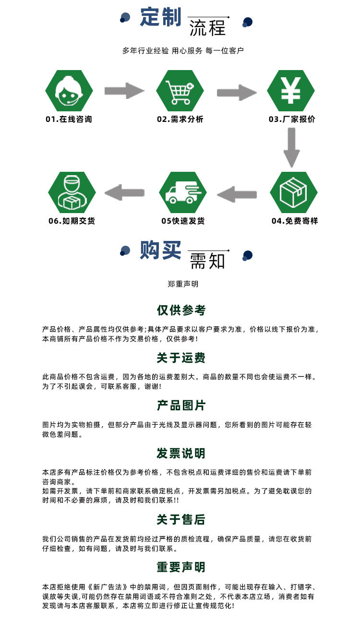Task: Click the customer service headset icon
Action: (x=69, y=91)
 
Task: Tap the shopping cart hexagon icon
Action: (x=180, y=91)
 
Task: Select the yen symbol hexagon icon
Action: (x=290, y=91)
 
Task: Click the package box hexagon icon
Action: (x=293, y=192)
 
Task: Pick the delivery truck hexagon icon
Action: (x=182, y=192)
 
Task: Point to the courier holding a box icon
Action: (x=72, y=192)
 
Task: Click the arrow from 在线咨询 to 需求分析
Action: (x=124, y=91)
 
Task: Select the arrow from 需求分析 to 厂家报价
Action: (x=236, y=92)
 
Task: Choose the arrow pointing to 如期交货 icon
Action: (x=124, y=192)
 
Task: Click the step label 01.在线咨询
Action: (x=69, y=119)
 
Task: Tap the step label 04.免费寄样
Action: (x=295, y=221)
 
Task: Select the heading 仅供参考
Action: (x=181, y=310)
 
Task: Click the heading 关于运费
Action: (x=181, y=358)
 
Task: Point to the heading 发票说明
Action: (x=181, y=453)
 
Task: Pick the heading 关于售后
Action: (x=181, y=519)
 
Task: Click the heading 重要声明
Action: (x=181, y=567)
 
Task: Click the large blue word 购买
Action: (x=160, y=250)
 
